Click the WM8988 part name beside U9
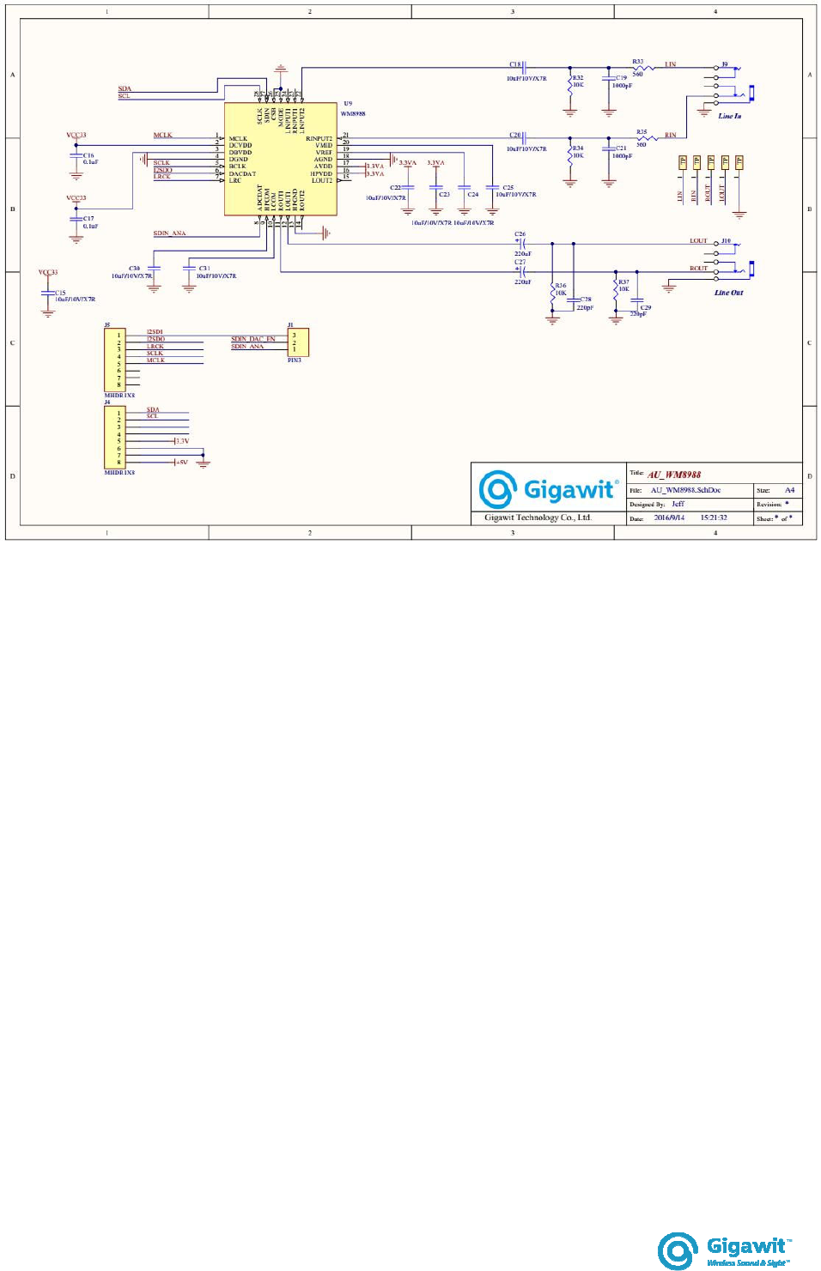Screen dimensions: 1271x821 point(353,113)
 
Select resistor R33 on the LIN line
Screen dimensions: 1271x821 point(644,67)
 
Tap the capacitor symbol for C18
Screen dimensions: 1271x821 point(525,67)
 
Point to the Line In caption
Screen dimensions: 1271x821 point(729,116)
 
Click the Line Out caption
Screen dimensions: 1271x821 point(728,293)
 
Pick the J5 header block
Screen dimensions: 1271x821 point(114,360)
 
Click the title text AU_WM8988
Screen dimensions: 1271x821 point(674,475)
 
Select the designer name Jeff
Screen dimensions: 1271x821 point(678,504)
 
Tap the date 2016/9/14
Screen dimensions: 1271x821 point(669,517)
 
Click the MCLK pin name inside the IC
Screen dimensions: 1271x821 point(238,138)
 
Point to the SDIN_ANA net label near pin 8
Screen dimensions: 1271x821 point(169,233)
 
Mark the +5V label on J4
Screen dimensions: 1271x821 point(181,463)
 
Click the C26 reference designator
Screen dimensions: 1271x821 point(520,234)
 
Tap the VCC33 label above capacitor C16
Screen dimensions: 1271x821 point(76,135)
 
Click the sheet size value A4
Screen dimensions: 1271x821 point(789,490)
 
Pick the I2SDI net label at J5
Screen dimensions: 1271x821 point(155,332)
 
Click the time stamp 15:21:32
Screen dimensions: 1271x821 point(713,517)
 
